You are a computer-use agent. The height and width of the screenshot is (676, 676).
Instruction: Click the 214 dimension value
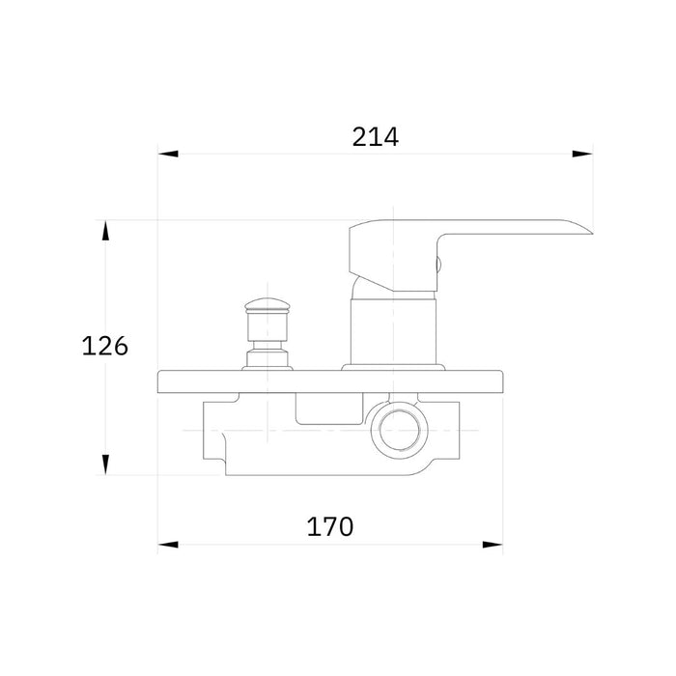click(x=375, y=137)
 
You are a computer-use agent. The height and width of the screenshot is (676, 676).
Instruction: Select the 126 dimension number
click(x=104, y=346)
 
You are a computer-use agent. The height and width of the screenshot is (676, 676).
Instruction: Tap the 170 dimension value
click(x=330, y=526)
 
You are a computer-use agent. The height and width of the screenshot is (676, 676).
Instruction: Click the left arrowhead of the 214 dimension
click(x=168, y=154)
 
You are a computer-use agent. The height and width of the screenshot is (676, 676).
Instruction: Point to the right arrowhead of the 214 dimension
click(x=582, y=154)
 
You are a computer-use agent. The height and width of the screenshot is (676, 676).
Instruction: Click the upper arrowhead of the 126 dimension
click(x=105, y=230)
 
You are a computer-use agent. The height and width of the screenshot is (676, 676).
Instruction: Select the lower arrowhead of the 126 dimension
click(x=105, y=465)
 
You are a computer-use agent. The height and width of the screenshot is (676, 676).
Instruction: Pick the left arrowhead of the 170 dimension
click(x=168, y=545)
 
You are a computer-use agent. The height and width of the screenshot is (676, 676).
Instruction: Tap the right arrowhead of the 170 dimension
click(x=493, y=545)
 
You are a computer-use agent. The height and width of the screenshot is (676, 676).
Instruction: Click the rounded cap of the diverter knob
click(x=268, y=305)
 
